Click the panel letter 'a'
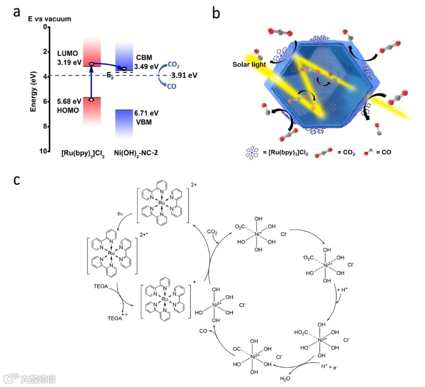17,12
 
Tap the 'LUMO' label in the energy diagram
67,53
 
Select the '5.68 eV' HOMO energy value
67,102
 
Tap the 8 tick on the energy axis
43,126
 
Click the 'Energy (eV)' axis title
33,89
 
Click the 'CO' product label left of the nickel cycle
203,331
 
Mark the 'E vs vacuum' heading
50,19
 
